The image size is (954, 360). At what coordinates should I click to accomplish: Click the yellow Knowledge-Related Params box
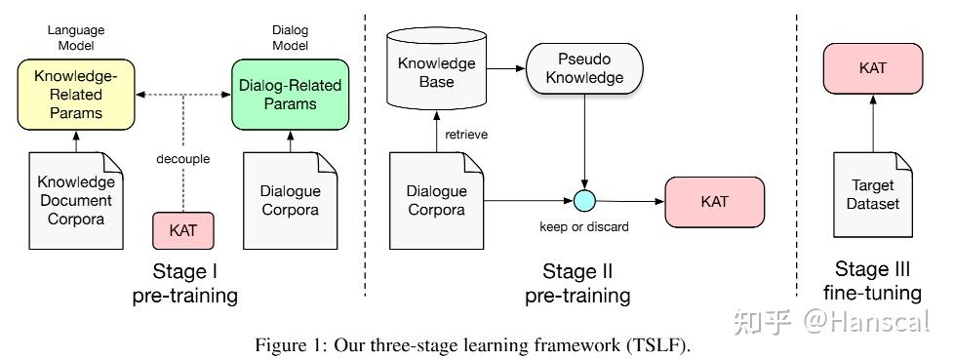tap(76, 95)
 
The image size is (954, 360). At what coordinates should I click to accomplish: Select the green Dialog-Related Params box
tap(291, 95)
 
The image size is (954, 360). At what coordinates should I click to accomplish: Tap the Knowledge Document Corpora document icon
tap(76, 201)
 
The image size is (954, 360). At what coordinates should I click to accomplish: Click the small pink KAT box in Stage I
tap(183, 230)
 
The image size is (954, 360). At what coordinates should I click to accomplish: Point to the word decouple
tap(183, 159)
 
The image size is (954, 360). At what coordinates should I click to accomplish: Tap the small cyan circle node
tap(584, 201)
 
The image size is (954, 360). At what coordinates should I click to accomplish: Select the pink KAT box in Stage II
tap(715, 202)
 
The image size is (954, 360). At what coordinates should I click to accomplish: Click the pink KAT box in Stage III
tap(872, 68)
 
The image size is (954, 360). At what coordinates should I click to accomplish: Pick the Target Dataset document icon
tap(872, 194)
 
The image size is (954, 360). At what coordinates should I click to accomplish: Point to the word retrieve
tap(466, 135)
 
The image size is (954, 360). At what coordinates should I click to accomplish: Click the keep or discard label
tap(584, 226)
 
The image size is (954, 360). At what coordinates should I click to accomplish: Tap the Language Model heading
tap(76, 38)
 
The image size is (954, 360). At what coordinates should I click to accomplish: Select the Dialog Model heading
tap(291, 38)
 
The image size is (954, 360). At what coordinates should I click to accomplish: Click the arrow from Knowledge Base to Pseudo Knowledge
tap(505, 68)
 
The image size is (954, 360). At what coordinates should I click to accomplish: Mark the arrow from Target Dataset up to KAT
tap(872, 123)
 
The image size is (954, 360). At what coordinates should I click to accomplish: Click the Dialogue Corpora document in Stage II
tap(436, 201)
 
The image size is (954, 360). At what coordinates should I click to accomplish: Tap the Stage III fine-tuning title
tap(872, 281)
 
